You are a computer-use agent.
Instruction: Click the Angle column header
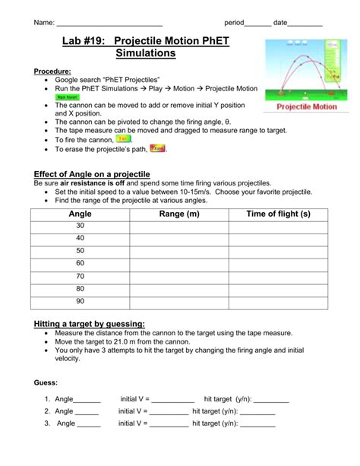tap(80, 215)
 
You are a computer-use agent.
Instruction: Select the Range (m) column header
tap(179, 215)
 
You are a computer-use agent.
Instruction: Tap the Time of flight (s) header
tap(279, 215)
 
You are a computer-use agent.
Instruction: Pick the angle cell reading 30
tap(80, 227)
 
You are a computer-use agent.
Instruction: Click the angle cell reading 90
tap(80, 301)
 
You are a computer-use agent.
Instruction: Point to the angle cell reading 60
tap(80, 264)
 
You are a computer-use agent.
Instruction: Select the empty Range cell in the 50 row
tap(179, 252)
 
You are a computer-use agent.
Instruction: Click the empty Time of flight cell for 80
tap(279, 289)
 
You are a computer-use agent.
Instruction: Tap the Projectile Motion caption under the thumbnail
tap(307, 107)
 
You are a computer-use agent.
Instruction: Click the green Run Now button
tap(67, 98)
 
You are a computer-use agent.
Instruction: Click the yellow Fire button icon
tap(124, 140)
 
